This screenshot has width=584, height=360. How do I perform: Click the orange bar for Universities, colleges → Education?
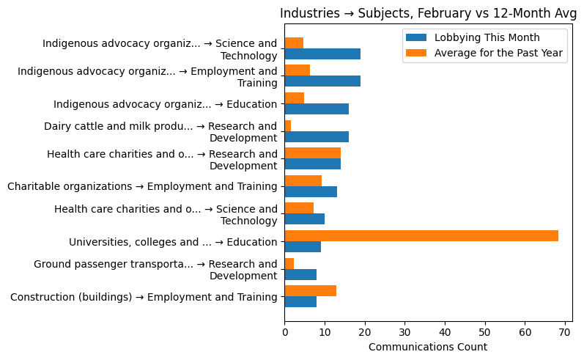click(421, 235)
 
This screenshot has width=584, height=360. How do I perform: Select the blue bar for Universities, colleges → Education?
click(303, 246)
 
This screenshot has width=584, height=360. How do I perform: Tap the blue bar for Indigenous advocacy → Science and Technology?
click(322, 54)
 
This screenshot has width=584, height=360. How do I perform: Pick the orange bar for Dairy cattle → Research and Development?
click(288, 125)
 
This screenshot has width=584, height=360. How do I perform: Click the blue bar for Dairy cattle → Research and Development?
click(317, 136)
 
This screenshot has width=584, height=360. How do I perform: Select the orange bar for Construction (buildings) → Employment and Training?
click(311, 290)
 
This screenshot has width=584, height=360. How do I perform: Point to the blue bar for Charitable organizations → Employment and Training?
click(311, 191)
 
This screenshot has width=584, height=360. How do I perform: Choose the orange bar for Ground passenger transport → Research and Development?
click(289, 263)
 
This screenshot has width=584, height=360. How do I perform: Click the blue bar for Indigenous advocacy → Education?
click(317, 109)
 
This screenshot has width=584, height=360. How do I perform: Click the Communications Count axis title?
click(428, 347)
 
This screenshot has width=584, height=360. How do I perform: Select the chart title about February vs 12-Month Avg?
click(428, 13)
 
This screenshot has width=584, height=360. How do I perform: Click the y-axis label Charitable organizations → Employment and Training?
click(142, 186)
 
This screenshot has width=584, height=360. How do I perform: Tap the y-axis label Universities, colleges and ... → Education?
click(173, 241)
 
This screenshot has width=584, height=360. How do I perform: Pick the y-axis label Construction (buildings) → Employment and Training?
click(144, 296)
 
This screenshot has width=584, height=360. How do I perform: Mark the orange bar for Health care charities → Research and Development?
click(312, 153)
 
